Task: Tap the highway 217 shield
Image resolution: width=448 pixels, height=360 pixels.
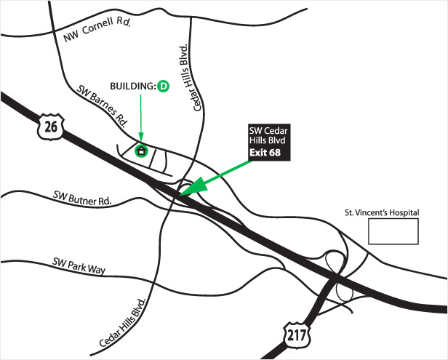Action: (x=295, y=335)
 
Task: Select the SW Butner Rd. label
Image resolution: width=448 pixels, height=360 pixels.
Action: (x=81, y=197)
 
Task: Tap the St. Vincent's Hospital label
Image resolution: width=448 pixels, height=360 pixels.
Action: (x=383, y=213)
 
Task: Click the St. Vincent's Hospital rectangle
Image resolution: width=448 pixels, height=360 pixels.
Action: (x=393, y=231)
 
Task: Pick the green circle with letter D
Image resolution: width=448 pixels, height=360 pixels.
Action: (x=164, y=87)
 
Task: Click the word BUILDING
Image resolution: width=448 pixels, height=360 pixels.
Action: (x=133, y=87)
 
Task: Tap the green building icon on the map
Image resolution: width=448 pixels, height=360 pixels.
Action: (x=142, y=151)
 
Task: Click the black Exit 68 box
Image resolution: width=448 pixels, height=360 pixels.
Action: (x=268, y=153)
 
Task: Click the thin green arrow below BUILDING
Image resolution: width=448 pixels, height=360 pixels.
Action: (x=141, y=116)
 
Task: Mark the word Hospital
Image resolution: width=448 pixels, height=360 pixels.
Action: (x=404, y=213)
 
